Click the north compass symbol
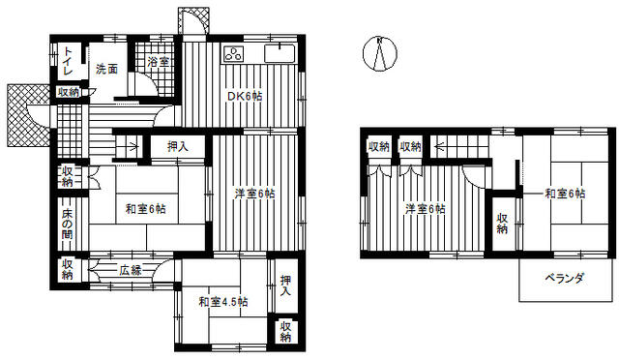coord(380,54)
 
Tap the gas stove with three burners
coord(233,54)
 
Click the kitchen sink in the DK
coord(280,53)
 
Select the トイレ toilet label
coord(68,61)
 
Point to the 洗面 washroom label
coord(107,69)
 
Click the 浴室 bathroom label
coord(159,62)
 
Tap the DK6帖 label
coord(245,96)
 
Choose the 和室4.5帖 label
coord(223,302)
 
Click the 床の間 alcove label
coord(67,225)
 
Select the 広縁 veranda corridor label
coord(131,271)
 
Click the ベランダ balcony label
coord(564,278)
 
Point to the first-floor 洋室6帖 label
coord(255,194)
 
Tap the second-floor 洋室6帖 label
coord(426,209)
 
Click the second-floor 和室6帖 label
coord(565,194)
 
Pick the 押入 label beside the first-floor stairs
coord(178,146)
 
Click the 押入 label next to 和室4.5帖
coord(285,286)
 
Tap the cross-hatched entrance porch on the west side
coord(28,115)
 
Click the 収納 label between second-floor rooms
coord(502,224)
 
